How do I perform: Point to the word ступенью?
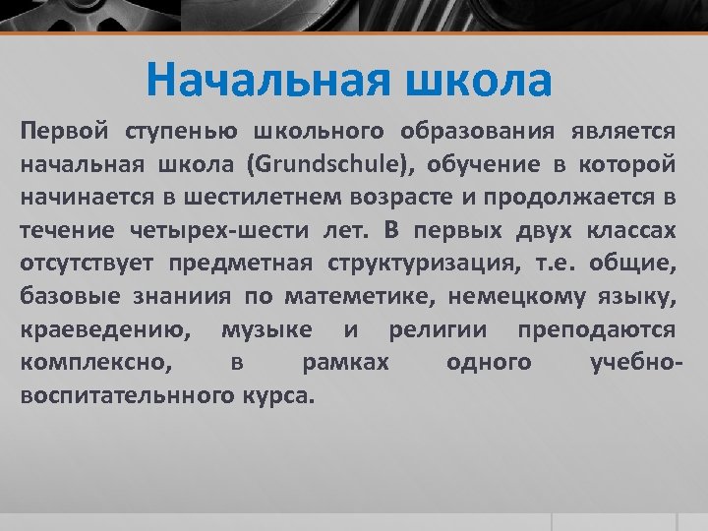pyautogui.click(x=184, y=131)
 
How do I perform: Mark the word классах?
pyautogui.click(x=631, y=230)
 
